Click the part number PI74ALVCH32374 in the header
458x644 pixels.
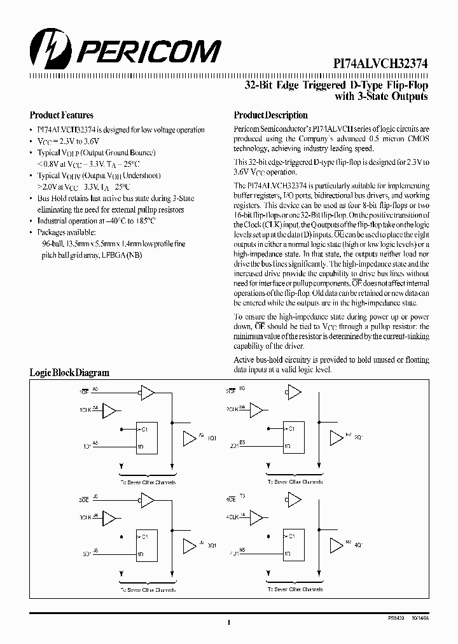click(380, 64)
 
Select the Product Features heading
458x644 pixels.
click(61, 115)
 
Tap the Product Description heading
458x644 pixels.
click(270, 115)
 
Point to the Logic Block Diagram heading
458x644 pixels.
click(69, 373)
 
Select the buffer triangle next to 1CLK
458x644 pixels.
click(110, 410)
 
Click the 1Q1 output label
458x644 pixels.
click(212, 438)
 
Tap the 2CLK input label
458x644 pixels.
click(232, 410)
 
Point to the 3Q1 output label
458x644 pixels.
click(212, 545)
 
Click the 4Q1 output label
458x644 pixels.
click(358, 545)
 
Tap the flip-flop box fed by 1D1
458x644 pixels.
click(151, 438)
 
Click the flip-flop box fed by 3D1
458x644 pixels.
click(151, 544)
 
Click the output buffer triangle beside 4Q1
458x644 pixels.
click(336, 544)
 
